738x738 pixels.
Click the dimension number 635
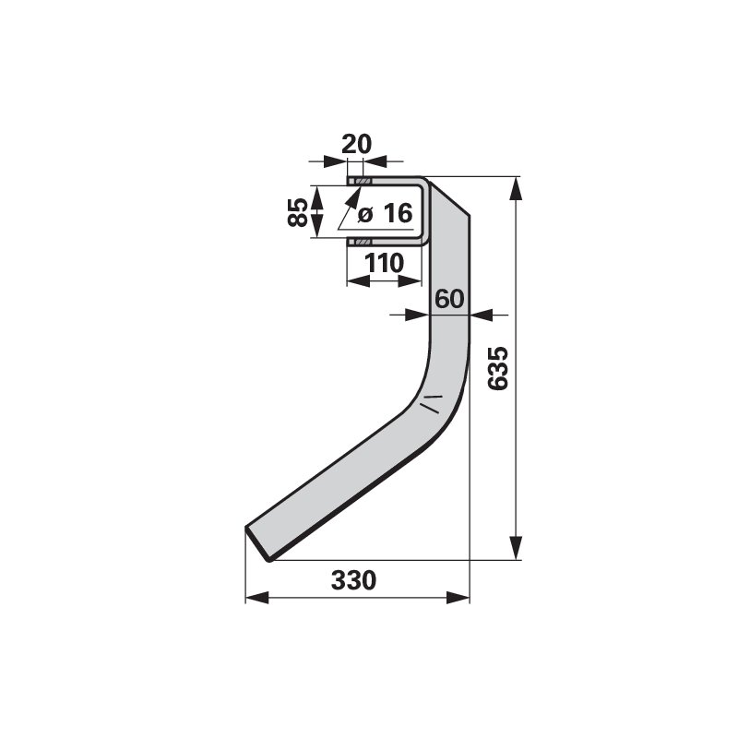click(x=498, y=368)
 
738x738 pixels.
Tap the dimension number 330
click(x=353, y=580)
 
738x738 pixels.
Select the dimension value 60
click(x=449, y=298)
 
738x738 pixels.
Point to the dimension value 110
click(x=385, y=263)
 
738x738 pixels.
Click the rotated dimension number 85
click(x=297, y=212)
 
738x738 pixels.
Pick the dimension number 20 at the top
click(x=356, y=144)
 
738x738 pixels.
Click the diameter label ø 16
click(x=385, y=213)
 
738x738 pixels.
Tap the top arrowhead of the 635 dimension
click(x=517, y=188)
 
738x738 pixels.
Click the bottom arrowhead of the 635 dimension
click(x=517, y=548)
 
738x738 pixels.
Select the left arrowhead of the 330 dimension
click(x=257, y=598)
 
